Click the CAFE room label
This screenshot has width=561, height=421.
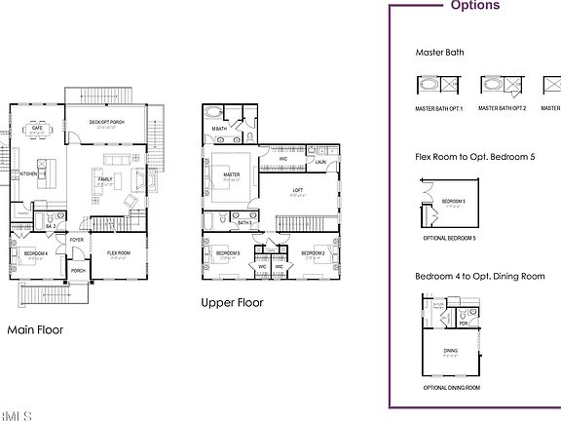pyautogui.click(x=36, y=128)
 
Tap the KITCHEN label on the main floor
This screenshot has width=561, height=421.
pyautogui.click(x=30, y=173)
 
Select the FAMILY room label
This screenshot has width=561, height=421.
pyautogui.click(x=104, y=178)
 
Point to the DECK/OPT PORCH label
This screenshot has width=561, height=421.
pyautogui.click(x=103, y=123)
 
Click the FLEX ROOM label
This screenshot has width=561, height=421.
pyautogui.click(x=119, y=252)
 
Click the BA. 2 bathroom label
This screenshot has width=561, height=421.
pyautogui.click(x=51, y=225)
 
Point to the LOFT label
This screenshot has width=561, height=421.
pyautogui.click(x=297, y=190)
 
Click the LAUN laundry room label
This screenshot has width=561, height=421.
pyautogui.click(x=320, y=163)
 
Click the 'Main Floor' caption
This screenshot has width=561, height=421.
pyautogui.click(x=35, y=329)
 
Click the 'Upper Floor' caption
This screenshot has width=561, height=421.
pyautogui.click(x=232, y=302)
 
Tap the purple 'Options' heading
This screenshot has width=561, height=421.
pyautogui.click(x=475, y=6)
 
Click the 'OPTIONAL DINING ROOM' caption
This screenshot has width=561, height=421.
pyautogui.click(x=451, y=388)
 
